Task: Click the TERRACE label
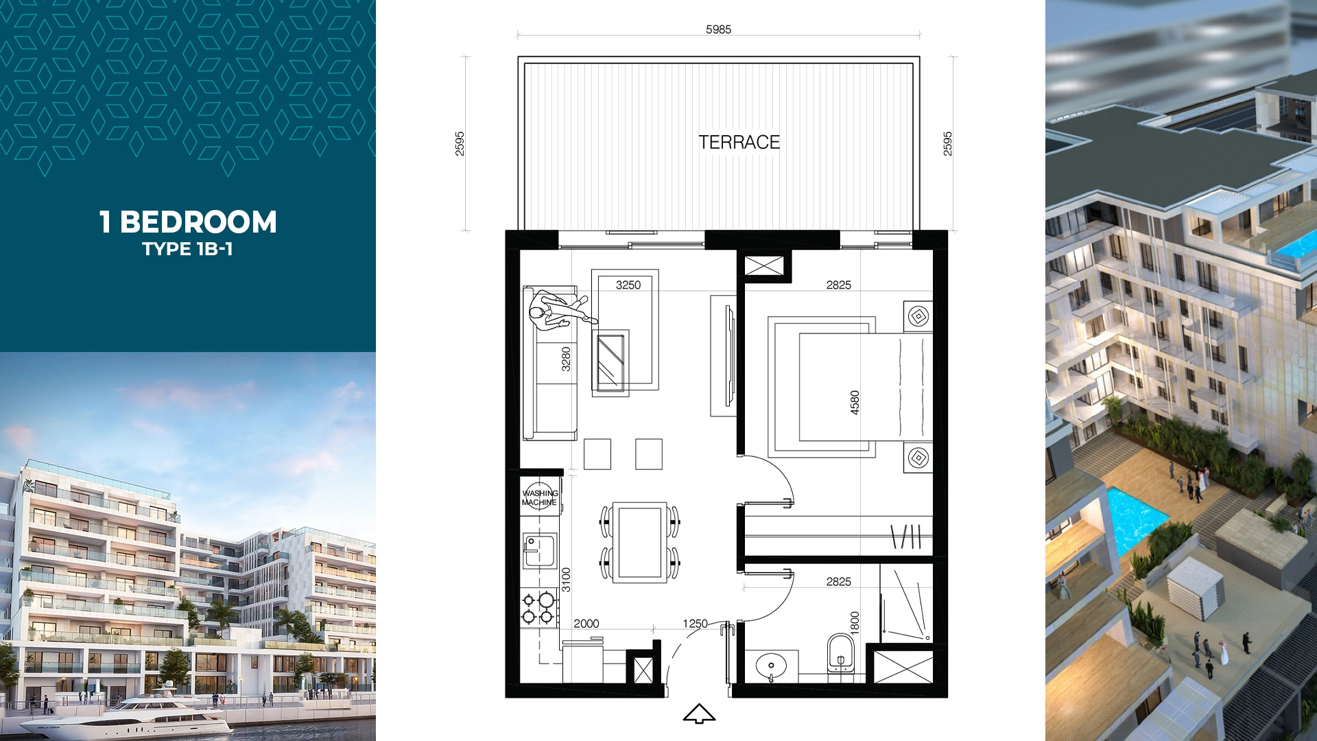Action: [739, 142]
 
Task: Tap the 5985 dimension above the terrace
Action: [718, 30]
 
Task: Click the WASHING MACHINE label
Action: [540, 497]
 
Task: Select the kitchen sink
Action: [540, 551]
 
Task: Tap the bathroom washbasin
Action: [772, 666]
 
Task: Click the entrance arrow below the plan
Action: [699, 714]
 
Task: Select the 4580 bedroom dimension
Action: [855, 402]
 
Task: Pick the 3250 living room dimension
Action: [628, 285]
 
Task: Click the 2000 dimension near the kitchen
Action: [586, 623]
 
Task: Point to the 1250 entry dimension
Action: [695, 623]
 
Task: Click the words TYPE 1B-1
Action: [187, 248]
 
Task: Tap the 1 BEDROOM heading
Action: [188, 222]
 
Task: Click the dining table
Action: [639, 542]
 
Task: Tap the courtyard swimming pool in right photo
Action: [1135, 518]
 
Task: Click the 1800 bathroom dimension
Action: [855, 622]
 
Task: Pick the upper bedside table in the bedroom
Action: [918, 316]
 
